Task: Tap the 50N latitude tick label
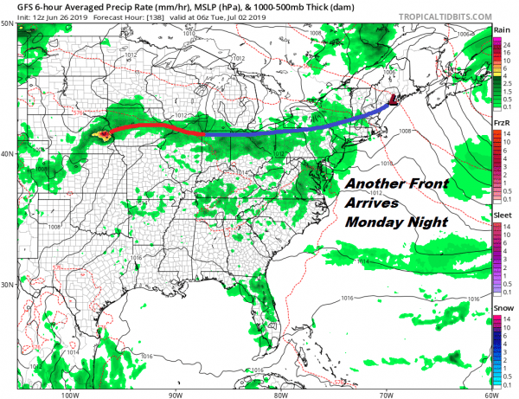click(7, 25)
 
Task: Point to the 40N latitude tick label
click(7, 154)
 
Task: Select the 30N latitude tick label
click(7, 285)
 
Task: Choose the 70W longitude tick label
click(385, 393)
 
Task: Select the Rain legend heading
click(501, 29)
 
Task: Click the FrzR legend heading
click(501, 123)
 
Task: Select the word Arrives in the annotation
click(372, 203)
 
